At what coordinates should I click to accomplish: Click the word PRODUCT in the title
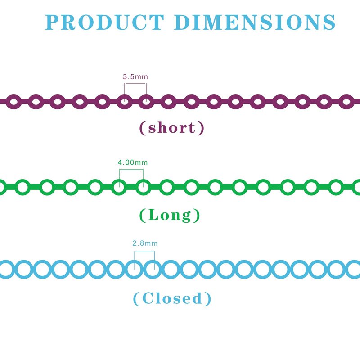coord(105,22)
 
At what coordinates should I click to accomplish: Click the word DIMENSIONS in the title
coord(255,22)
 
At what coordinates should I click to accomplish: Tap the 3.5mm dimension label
coord(135,76)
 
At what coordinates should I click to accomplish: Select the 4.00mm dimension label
coord(133,162)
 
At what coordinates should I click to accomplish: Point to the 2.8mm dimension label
coord(145,243)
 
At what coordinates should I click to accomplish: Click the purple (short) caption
coord(172,128)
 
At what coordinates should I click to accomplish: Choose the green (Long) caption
coord(170,215)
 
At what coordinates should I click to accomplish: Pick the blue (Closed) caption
coord(172,298)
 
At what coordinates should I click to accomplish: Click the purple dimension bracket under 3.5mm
coord(135,84)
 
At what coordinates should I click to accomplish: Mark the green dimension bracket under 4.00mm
coord(131,170)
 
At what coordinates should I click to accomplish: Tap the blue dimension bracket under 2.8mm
coord(144,252)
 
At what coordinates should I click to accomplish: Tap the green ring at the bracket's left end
coord(119,180)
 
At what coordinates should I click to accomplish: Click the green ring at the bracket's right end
coord(144,180)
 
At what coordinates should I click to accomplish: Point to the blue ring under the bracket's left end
coord(134,261)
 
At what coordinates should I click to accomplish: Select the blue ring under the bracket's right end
coord(153,261)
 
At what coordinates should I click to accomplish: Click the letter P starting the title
coord(51,22)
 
